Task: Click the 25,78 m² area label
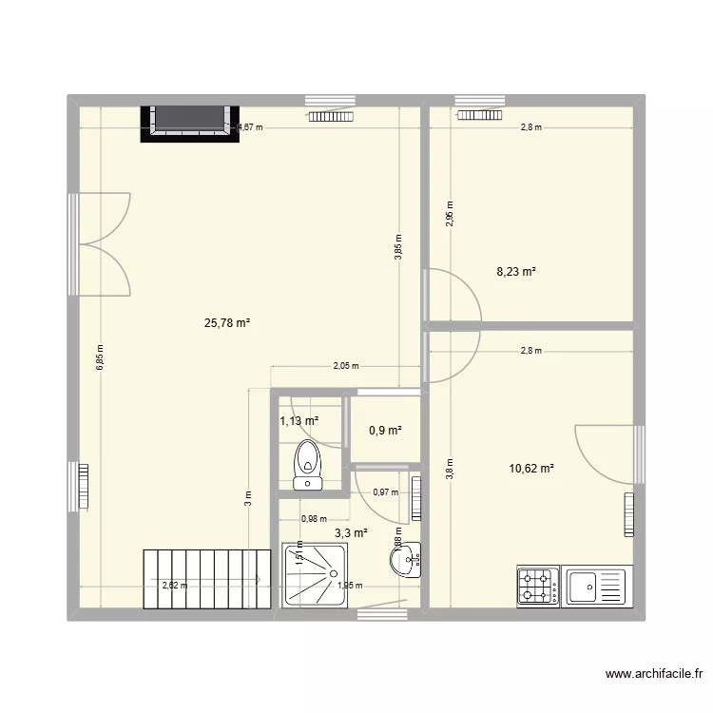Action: tap(227, 323)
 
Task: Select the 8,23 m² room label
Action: tap(516, 271)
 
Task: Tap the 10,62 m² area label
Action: tap(531, 468)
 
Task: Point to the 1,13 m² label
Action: tap(299, 421)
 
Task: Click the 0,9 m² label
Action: tap(385, 431)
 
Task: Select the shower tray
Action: tap(318, 574)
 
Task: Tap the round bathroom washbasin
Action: tap(403, 562)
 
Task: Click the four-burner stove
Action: tap(537, 586)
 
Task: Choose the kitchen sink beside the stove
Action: tap(594, 586)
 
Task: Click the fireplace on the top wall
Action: tap(189, 122)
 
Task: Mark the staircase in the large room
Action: tap(201, 578)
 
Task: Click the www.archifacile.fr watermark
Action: tap(655, 675)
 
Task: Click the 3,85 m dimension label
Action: tap(398, 249)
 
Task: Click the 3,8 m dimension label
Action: tap(450, 468)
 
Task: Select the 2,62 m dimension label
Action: tap(175, 586)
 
